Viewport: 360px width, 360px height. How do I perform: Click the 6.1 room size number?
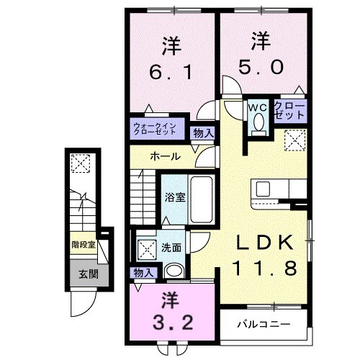tap(170, 73)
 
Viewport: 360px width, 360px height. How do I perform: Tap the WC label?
tap(258, 107)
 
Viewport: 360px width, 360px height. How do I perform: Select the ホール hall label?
tap(165, 156)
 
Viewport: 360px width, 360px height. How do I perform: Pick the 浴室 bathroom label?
tap(174, 197)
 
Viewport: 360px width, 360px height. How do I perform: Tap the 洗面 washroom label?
tap(171, 246)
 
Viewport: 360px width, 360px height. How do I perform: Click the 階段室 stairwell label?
tap(84, 245)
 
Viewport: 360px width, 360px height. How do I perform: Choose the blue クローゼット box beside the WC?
tap(288, 110)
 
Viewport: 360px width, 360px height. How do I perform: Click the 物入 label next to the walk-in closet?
tap(203, 132)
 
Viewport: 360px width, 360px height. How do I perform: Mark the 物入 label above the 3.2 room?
tap(144, 272)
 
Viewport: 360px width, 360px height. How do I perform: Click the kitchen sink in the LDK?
tap(263, 188)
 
